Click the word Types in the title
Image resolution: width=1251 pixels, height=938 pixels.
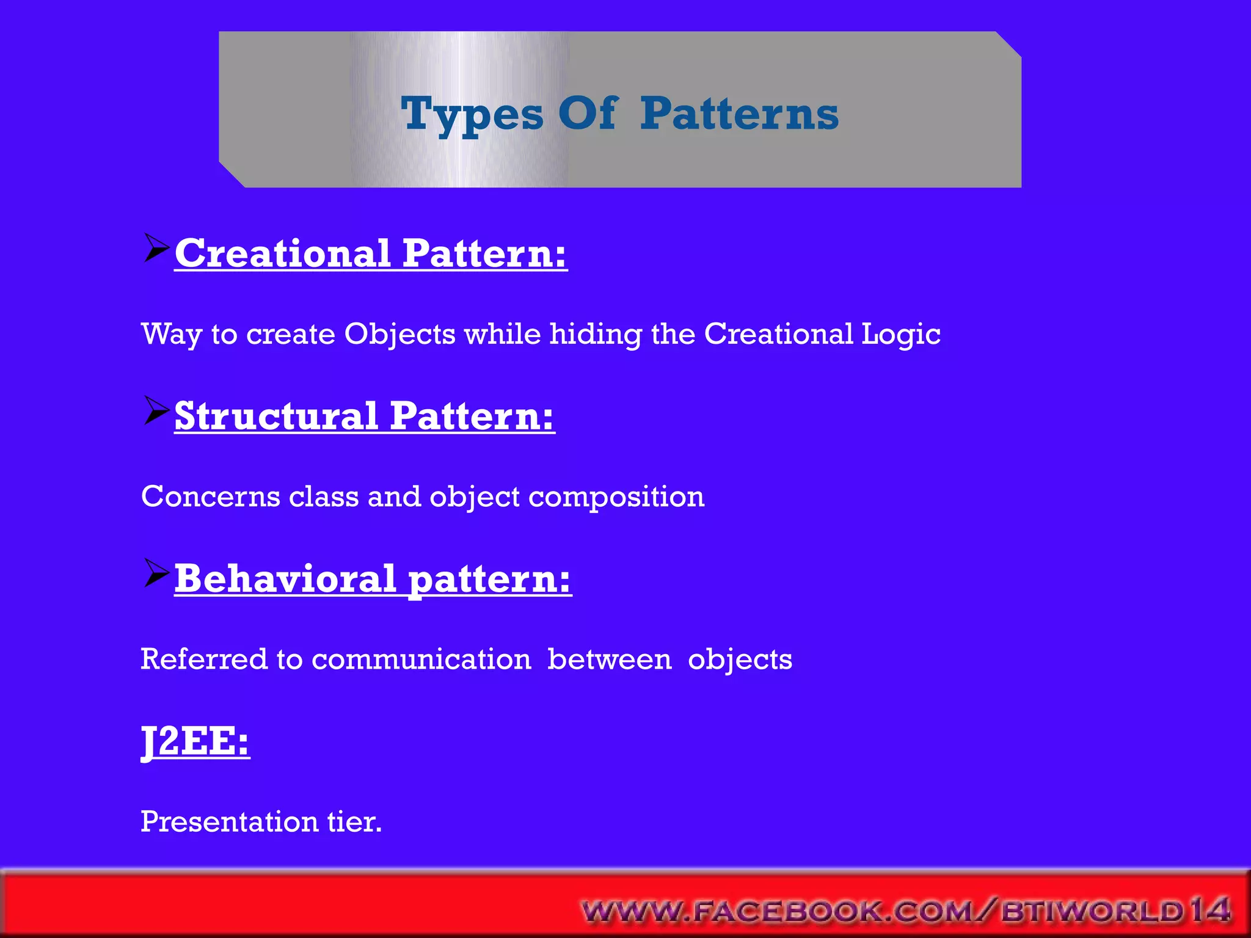[472, 114]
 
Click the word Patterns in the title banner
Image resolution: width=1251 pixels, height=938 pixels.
[739, 114]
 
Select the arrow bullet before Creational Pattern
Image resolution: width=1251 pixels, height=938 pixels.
[156, 248]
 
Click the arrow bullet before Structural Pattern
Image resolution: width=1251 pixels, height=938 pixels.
[156, 410]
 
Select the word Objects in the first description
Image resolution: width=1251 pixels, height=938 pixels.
[399, 334]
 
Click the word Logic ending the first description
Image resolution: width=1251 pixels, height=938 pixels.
[900, 334]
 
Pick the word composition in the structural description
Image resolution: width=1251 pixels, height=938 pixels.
[616, 496]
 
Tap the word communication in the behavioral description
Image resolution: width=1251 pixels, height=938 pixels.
[421, 660]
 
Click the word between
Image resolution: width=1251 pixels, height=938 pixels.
[609, 660]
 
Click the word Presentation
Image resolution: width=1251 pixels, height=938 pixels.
[229, 822]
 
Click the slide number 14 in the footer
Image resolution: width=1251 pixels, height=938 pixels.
[1209, 910]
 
